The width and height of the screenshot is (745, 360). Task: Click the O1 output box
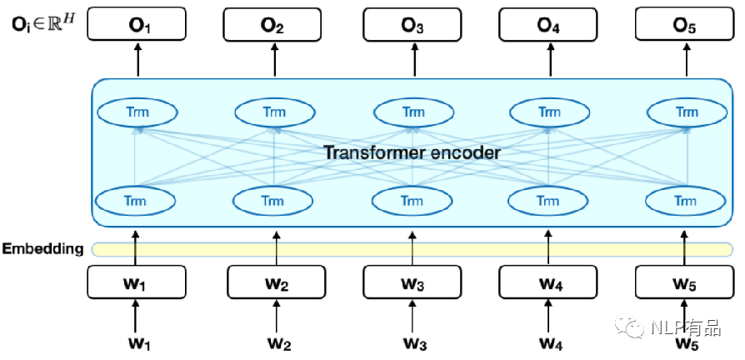point(137,23)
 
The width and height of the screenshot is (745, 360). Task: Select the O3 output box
point(412,23)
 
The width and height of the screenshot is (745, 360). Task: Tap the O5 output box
point(684,23)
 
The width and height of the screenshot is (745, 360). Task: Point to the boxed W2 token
point(277,282)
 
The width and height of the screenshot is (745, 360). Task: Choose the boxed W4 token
point(548,282)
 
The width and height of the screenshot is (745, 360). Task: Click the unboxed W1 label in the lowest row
point(137,343)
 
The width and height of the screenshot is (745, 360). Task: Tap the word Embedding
point(42,249)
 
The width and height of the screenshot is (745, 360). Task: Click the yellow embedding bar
point(412,249)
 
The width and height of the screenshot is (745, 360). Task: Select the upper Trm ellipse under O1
point(137,112)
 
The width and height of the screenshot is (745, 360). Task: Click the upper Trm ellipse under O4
point(549,112)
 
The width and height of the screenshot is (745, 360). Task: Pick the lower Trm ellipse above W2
point(275,201)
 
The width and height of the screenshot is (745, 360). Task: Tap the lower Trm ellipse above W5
point(686,201)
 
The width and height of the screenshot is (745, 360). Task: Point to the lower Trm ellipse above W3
point(412,201)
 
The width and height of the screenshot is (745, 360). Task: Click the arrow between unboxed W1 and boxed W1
point(136,317)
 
